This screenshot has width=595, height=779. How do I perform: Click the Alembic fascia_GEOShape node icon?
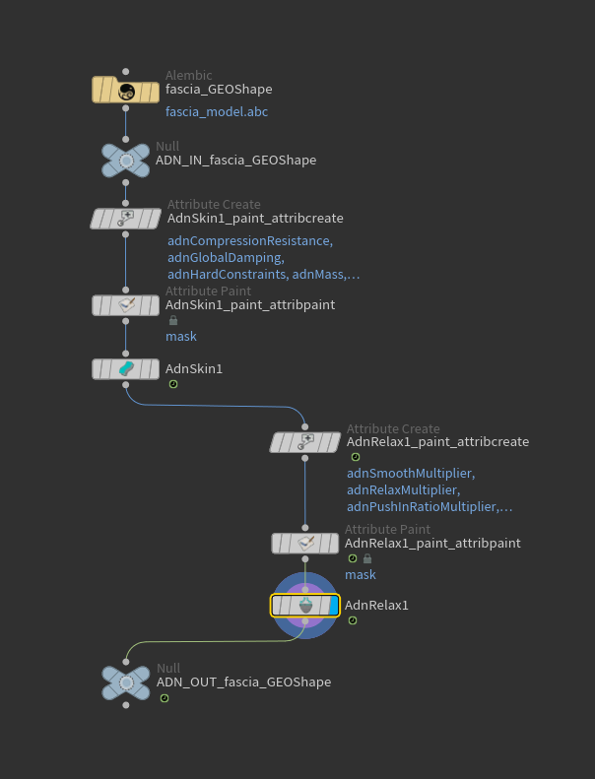point(125,92)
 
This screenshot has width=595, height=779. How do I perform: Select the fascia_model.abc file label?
point(217,112)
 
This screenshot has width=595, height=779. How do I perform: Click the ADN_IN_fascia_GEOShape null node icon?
point(125,160)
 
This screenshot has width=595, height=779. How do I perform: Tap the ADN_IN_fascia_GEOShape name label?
point(235,160)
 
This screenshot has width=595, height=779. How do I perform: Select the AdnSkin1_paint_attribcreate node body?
point(125,218)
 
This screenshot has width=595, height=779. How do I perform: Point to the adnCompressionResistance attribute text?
point(250,241)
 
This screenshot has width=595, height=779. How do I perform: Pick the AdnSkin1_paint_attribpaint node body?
point(125,305)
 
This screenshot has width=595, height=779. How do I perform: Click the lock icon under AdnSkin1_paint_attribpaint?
point(174,320)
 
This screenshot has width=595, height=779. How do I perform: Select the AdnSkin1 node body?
point(125,368)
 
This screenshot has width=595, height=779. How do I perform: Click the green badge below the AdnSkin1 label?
point(173,384)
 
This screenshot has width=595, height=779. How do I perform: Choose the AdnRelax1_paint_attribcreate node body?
point(304,442)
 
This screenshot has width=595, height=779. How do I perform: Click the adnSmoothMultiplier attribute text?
point(410,474)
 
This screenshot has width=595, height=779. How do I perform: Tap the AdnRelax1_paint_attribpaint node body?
point(304,543)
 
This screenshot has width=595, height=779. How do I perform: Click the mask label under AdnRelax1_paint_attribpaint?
point(360,574)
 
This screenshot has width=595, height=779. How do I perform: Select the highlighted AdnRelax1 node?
point(304,605)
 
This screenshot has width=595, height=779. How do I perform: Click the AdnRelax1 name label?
point(376,605)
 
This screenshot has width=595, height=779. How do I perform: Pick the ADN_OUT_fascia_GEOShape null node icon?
point(125,682)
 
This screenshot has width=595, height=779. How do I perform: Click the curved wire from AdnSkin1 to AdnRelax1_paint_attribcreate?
point(217,405)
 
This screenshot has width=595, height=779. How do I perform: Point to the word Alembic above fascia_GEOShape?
point(188,76)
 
